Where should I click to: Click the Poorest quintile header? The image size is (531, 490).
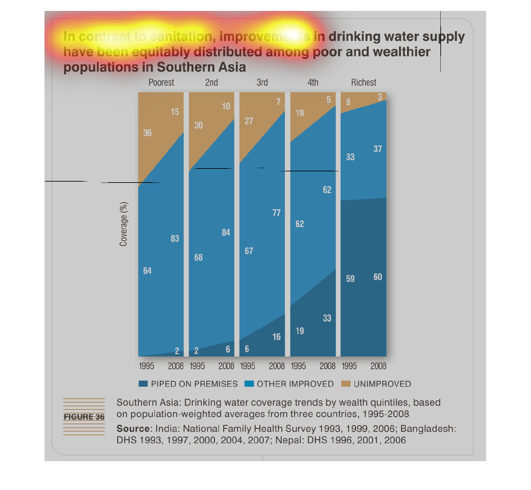tap(161, 83)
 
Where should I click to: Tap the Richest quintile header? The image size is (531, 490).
tap(364, 83)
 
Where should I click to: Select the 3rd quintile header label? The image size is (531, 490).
tap(262, 83)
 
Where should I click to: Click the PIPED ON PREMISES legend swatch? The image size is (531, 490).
tap(143, 384)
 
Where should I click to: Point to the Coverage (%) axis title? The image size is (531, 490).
tap(124, 224)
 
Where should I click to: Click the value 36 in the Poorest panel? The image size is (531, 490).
tap(147, 133)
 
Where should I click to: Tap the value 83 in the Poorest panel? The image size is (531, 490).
tap(175, 239)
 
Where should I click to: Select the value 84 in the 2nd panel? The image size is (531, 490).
tap(226, 233)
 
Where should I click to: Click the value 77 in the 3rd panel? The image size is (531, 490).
tap(276, 213)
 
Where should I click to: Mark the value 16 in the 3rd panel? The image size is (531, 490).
tap(276, 337)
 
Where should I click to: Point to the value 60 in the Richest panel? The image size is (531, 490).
tap(378, 277)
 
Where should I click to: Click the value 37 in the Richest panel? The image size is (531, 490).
tap(378, 149)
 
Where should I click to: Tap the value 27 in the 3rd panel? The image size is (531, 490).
tap(249, 121)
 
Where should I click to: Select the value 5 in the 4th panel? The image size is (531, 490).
tap(329, 100)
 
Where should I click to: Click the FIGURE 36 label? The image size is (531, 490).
tap(84, 417)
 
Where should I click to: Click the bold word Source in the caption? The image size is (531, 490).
tap(133, 429)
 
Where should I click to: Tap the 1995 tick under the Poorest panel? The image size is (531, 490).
tap(146, 366)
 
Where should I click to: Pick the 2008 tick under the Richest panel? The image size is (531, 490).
tap(378, 366)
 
